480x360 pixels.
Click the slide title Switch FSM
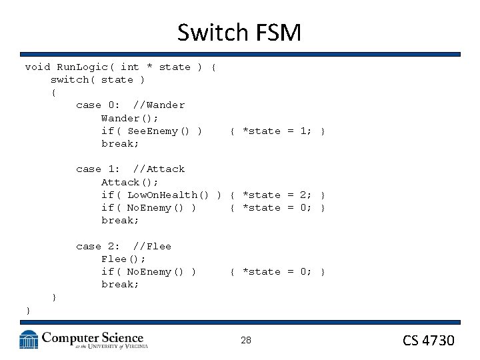(x=239, y=31)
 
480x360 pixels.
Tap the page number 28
(x=246, y=341)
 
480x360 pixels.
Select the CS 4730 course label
(x=429, y=341)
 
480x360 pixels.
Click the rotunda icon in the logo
(x=29, y=339)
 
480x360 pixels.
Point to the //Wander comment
(x=159, y=105)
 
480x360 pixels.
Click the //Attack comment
(x=159, y=169)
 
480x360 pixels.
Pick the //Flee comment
(x=152, y=247)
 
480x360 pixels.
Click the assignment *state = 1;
(x=277, y=131)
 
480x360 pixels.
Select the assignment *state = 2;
(x=277, y=195)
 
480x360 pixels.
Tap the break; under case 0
(x=120, y=144)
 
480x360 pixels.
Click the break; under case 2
(x=120, y=285)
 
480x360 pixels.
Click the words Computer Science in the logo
(x=93, y=338)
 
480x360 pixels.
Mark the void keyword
(x=37, y=67)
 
